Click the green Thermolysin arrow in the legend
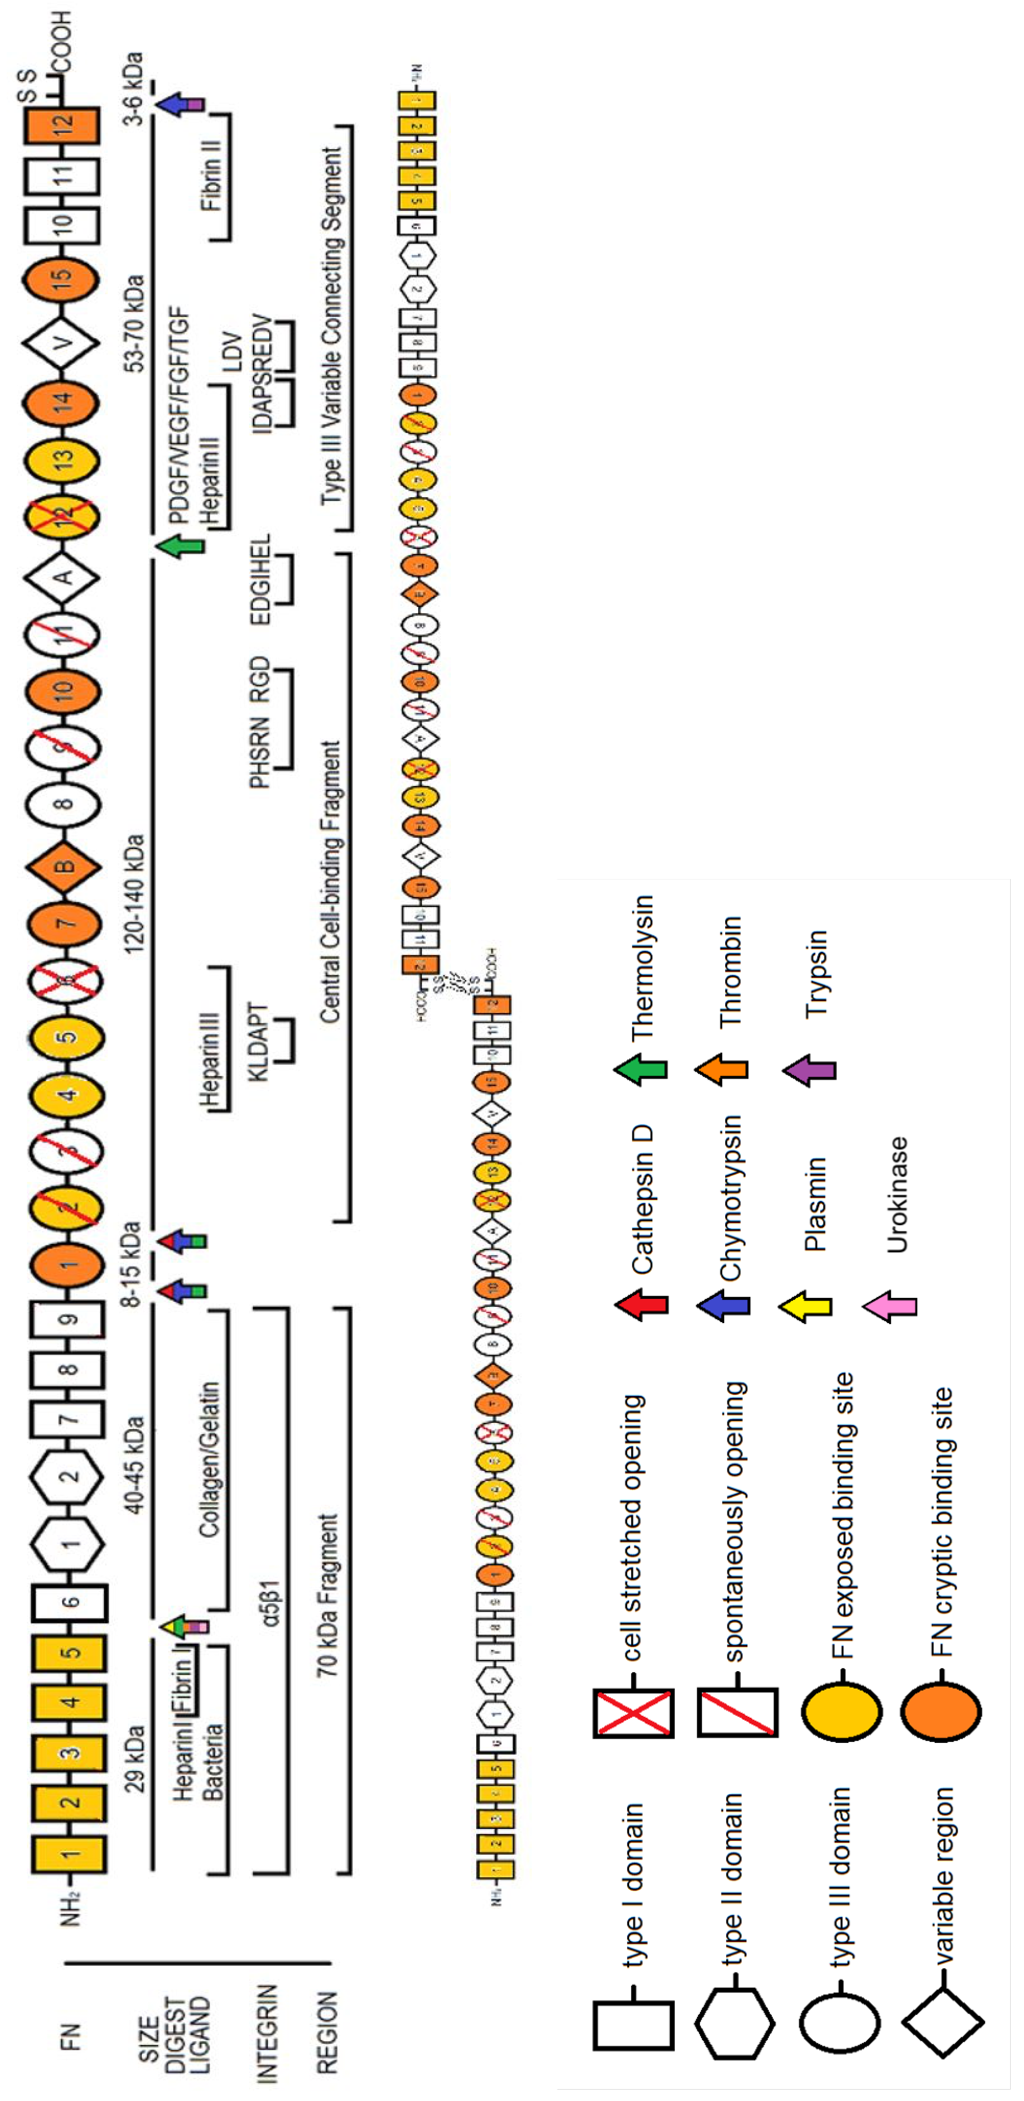pos(641,1069)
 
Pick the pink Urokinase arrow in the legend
pos(890,1306)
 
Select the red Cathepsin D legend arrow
pos(641,1305)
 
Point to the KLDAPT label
pos(258,1041)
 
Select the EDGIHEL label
pos(259,579)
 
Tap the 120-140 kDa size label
pos(134,894)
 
